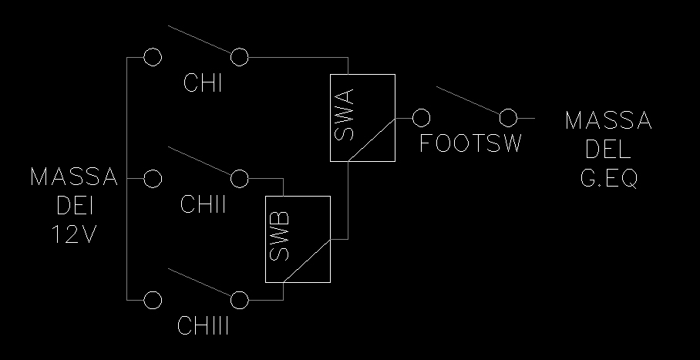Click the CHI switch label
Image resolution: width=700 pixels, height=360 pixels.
coord(204,83)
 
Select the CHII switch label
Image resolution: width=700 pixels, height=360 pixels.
coord(204,205)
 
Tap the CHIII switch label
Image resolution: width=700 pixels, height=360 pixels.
coord(204,325)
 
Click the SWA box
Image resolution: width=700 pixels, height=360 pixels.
coord(362,118)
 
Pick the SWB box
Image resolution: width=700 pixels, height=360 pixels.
coord(298,239)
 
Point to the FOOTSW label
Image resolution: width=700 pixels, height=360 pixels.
coord(471,144)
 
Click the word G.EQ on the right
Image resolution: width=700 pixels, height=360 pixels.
coord(609,179)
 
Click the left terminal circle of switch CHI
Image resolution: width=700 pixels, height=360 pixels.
coord(153,57)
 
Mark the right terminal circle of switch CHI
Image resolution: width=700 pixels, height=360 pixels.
coord(240,57)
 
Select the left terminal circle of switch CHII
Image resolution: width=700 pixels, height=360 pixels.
coord(153,178)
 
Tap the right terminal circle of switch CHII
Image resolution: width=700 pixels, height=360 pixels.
coord(240,178)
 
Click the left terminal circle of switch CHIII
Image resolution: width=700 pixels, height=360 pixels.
coord(153,299)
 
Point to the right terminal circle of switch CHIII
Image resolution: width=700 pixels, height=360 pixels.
coord(240,299)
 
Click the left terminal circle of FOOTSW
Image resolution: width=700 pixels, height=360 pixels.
coord(421,118)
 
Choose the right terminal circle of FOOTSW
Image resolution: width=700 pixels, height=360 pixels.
coord(507,118)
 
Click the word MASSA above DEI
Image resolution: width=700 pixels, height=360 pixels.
coord(75,178)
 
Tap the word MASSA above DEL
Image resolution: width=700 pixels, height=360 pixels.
coord(609,122)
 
